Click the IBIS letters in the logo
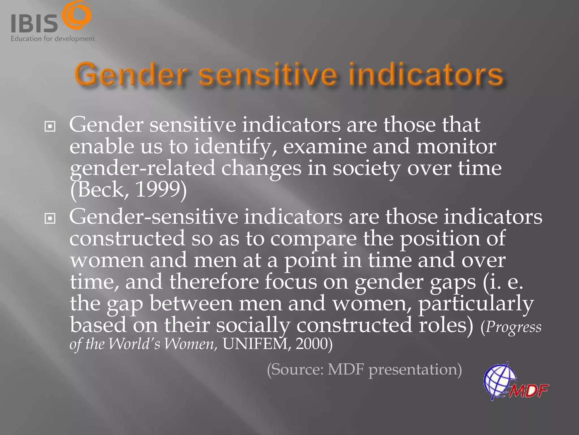point(34,24)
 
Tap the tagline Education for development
point(53,39)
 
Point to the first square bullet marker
point(50,127)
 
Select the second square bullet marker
point(50,218)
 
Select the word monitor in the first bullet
point(456,147)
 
